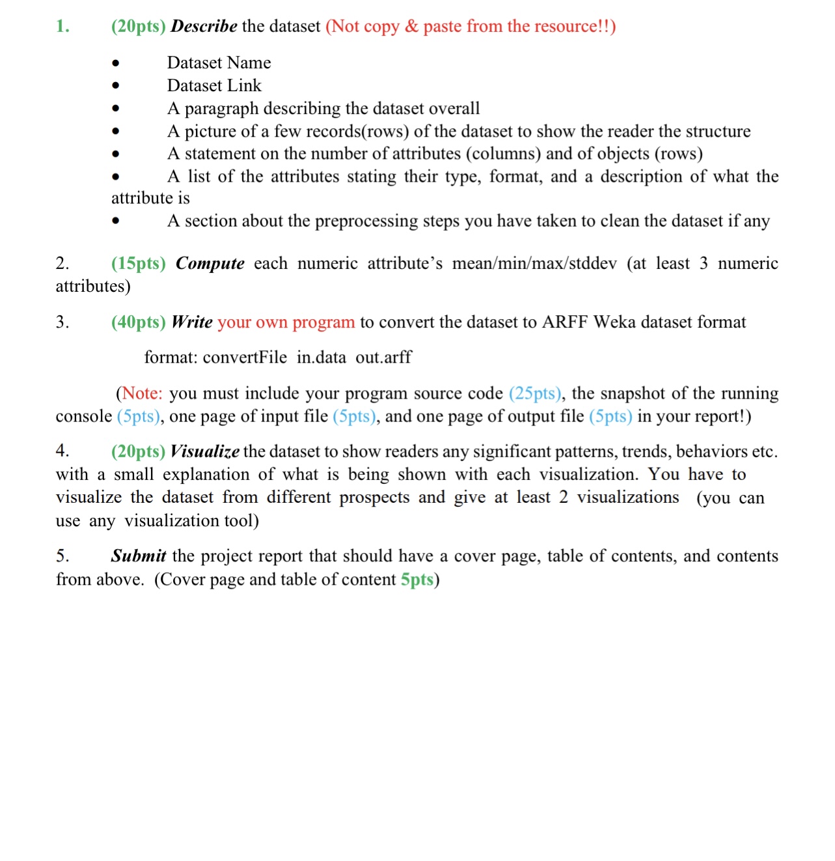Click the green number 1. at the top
click(62, 27)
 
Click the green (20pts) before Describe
click(138, 27)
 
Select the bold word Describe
click(204, 27)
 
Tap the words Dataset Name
click(219, 63)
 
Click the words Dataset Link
click(214, 85)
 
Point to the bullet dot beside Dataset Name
click(116, 63)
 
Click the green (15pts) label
click(138, 264)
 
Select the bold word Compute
click(210, 264)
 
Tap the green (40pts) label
click(138, 322)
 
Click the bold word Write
click(192, 322)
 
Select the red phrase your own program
click(286, 322)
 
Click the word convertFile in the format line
click(245, 358)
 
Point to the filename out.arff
click(383, 358)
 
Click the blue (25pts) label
click(536, 393)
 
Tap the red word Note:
click(143, 393)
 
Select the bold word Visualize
click(204, 451)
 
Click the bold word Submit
click(138, 556)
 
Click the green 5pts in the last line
click(417, 580)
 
